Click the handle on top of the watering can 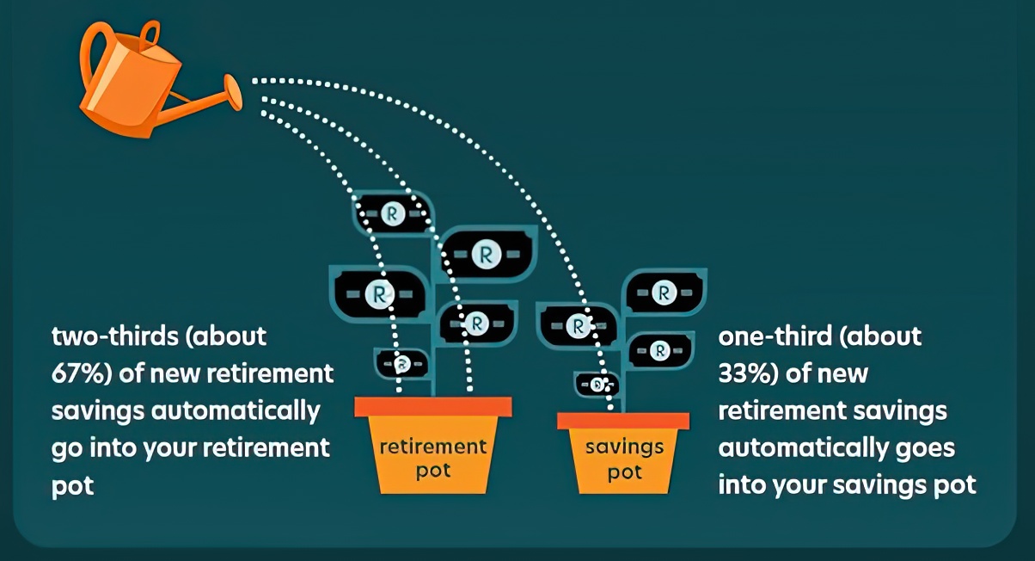coord(149,35)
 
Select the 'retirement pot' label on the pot coord(433,458)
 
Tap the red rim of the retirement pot coord(433,406)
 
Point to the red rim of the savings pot coord(623,420)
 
